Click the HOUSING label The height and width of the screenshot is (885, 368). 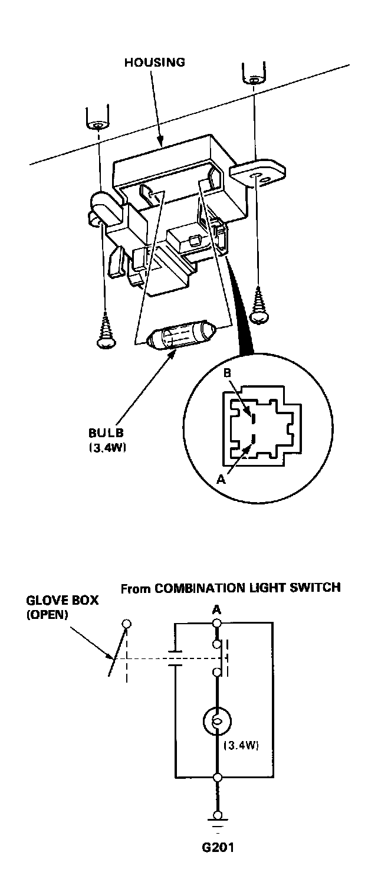point(155,63)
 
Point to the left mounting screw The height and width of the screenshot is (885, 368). point(106,332)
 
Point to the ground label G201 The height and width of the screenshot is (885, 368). point(216,848)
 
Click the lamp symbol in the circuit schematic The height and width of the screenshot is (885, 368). point(216,722)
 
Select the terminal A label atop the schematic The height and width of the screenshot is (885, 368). point(216,609)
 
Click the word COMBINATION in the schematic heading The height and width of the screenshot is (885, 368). point(199,588)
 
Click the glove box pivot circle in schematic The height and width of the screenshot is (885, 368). point(126,624)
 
